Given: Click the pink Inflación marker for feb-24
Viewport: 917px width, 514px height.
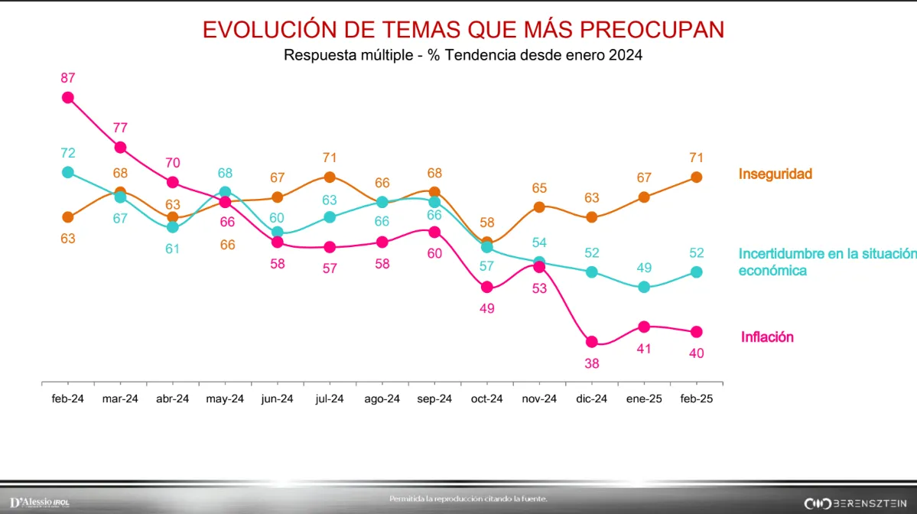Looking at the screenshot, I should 68,97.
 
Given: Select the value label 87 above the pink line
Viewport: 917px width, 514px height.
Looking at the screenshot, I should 68,77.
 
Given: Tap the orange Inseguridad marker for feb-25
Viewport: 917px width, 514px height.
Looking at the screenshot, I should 697,177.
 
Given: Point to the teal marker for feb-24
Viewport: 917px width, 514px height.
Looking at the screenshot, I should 68,172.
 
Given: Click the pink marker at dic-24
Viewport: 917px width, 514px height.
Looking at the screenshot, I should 591,342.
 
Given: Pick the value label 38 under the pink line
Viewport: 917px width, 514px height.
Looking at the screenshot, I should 591,364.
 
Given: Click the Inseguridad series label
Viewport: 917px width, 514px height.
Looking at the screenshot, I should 775,174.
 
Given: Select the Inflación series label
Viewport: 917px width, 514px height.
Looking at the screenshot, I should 767,337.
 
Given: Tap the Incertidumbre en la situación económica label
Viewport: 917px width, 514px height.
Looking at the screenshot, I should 826,262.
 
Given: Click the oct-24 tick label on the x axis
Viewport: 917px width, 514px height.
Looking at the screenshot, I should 486,399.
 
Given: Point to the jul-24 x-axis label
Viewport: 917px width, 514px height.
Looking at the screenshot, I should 330,399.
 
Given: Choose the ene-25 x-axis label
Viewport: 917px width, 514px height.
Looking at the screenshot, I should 644,399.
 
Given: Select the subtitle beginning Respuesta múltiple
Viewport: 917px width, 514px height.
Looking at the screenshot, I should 463,55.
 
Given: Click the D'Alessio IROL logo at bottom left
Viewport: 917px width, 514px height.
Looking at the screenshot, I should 40,503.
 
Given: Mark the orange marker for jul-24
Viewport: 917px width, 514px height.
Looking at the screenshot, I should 330,177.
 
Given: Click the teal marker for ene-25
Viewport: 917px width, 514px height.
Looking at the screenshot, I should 644,287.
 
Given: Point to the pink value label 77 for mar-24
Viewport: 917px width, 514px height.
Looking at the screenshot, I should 120,128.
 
